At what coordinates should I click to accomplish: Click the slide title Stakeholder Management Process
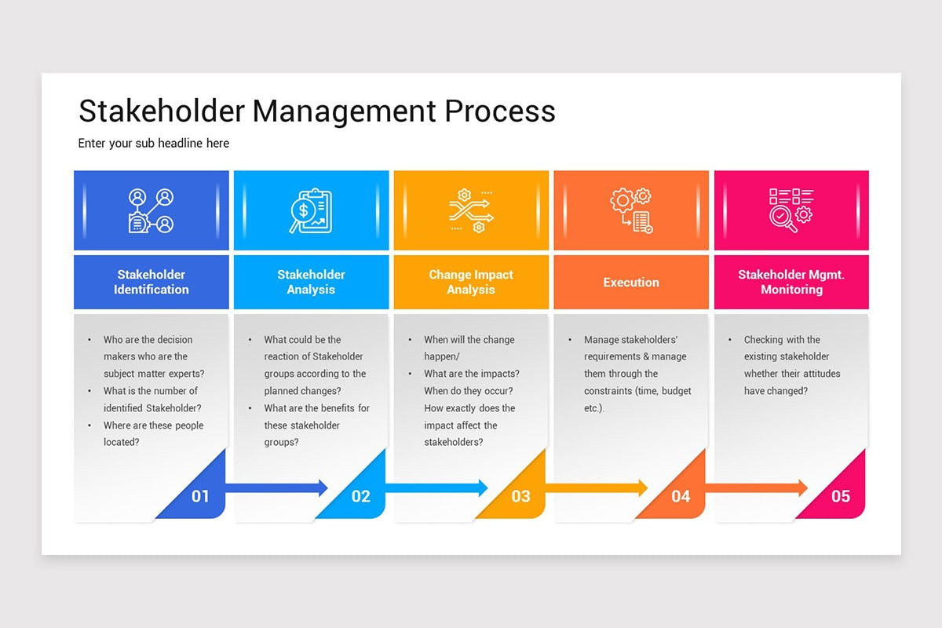[x=316, y=111]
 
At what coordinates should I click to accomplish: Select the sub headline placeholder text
[x=154, y=144]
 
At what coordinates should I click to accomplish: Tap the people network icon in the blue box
[x=151, y=211]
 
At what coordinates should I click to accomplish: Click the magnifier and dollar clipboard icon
[x=311, y=211]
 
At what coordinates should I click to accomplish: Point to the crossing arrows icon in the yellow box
[x=471, y=211]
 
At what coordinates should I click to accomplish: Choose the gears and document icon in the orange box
[x=631, y=211]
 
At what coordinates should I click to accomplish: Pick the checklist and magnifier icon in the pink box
[x=790, y=211]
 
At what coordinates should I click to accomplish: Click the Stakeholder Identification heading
[x=151, y=282]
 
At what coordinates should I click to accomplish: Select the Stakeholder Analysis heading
[x=311, y=282]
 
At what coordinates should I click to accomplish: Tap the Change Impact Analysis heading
[x=471, y=282]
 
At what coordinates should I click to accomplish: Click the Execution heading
[x=631, y=283]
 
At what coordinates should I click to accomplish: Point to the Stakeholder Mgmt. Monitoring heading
[x=791, y=282]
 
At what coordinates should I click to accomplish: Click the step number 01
[x=200, y=496]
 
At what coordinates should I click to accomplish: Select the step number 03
[x=520, y=496]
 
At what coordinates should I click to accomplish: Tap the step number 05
[x=841, y=496]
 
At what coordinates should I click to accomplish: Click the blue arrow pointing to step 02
[x=275, y=487]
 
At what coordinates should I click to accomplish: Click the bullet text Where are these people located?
[x=153, y=433]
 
